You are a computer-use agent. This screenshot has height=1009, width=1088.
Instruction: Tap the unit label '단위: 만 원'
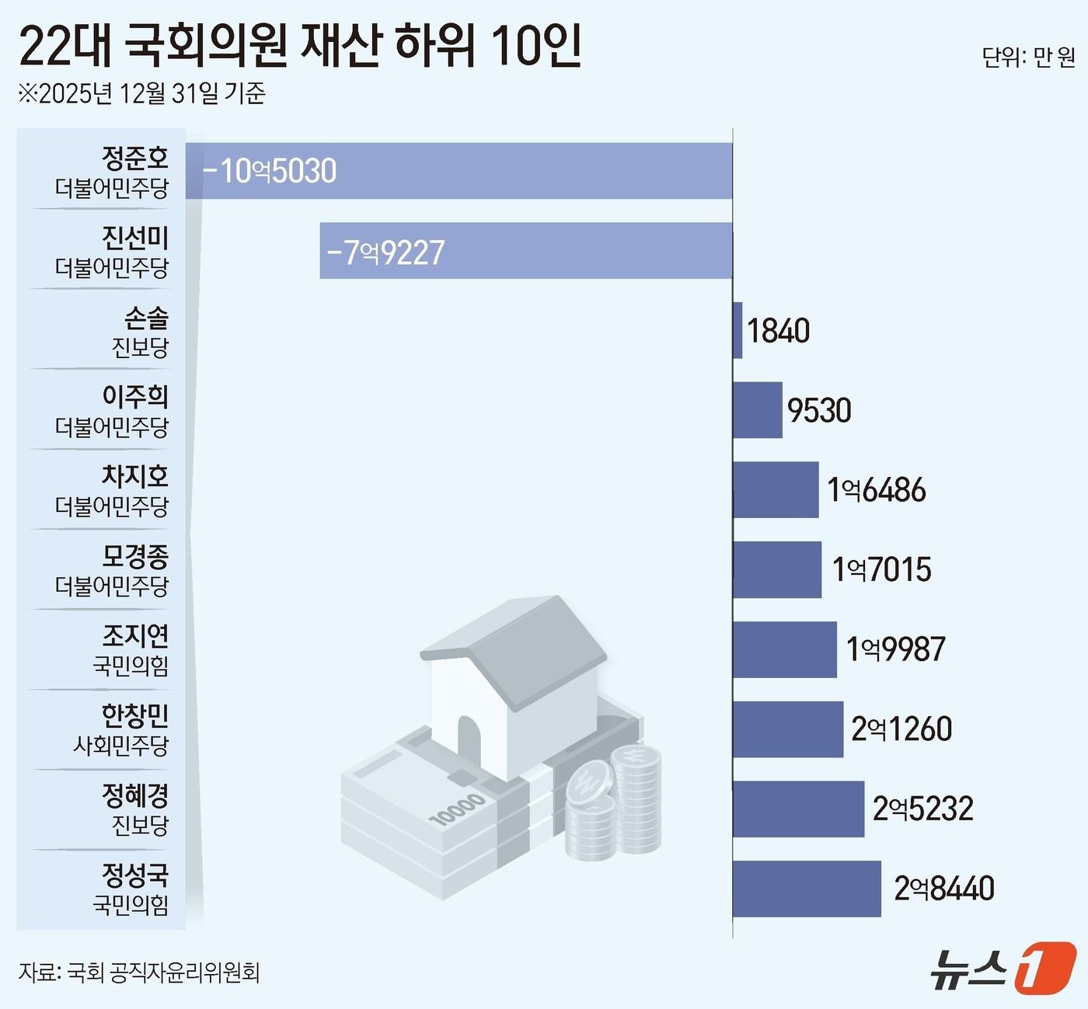tap(1027, 57)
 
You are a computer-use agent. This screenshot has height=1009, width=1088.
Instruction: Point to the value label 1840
tap(778, 331)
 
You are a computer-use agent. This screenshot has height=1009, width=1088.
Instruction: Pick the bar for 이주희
tap(758, 410)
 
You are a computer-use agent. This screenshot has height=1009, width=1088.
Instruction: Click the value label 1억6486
tap(877, 490)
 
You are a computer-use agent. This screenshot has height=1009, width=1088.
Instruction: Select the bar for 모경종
tap(777, 569)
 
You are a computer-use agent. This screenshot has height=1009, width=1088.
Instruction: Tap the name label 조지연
tap(135, 636)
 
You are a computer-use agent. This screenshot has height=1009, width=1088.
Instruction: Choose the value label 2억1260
tap(901, 729)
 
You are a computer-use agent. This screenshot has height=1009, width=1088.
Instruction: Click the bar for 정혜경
tap(798, 809)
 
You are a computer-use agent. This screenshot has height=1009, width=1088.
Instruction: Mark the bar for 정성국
tap(807, 889)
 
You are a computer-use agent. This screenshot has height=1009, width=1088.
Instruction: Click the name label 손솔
tap(146, 318)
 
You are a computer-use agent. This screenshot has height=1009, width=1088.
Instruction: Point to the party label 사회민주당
tap(120, 746)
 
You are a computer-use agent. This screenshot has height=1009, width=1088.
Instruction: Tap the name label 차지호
tap(135, 476)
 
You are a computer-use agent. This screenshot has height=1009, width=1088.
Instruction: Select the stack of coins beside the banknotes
tap(614, 804)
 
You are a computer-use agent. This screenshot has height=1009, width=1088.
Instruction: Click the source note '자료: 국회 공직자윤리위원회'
tap(139, 972)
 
